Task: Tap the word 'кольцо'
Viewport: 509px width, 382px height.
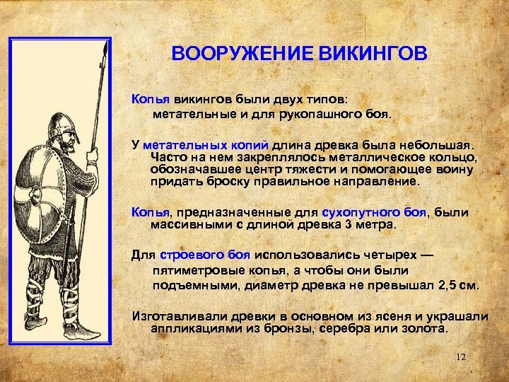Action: coord(458,156)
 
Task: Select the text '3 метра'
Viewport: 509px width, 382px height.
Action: coord(373,225)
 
